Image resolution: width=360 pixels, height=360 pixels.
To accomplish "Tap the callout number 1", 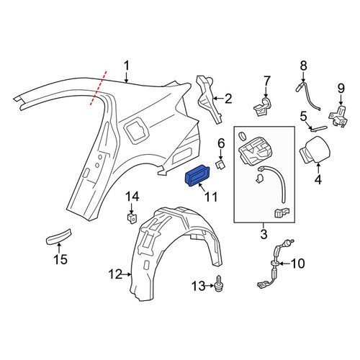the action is click(x=126, y=66).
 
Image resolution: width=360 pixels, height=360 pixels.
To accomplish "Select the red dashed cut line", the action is click(x=99, y=88).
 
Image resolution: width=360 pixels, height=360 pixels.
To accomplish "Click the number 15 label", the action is click(x=60, y=260).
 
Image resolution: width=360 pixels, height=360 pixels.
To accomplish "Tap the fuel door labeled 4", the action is click(x=315, y=150).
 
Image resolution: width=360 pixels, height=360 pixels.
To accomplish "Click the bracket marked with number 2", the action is click(x=209, y=99).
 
